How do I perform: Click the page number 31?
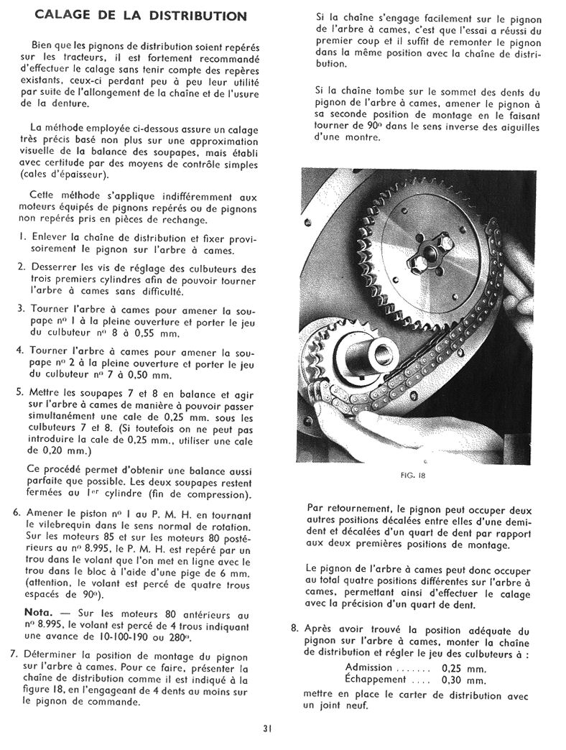pos(267,730)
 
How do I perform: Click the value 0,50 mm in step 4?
pos(149,375)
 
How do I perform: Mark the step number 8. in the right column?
pos(294,628)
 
